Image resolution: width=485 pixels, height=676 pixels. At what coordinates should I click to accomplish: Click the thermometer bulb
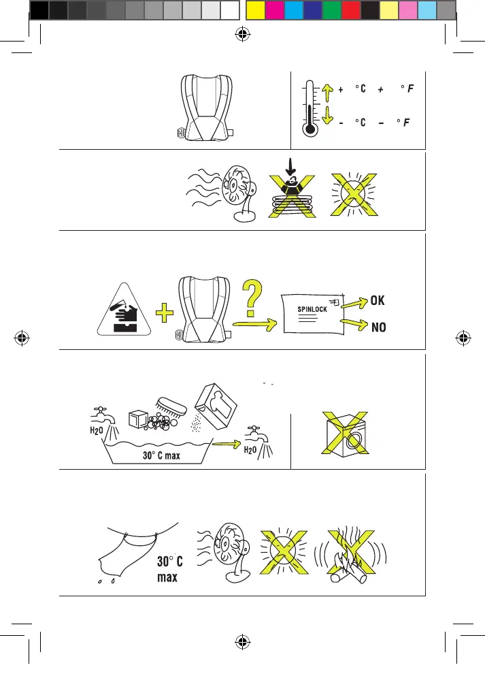point(312,127)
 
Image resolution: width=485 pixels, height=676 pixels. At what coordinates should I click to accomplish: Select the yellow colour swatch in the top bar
point(254,10)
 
